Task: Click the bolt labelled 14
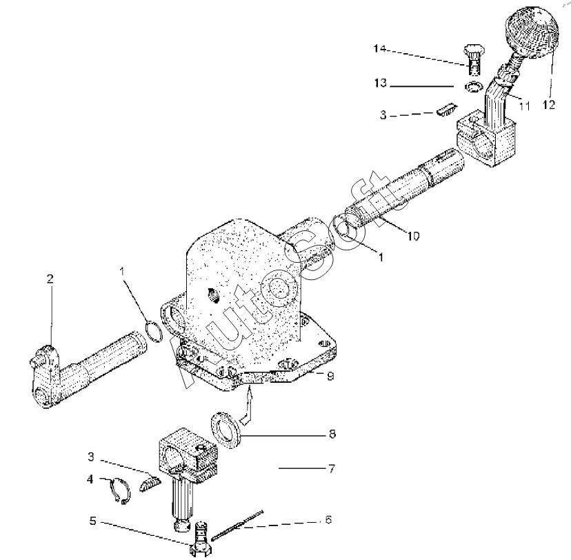pyautogui.click(x=474, y=59)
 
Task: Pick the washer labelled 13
pyautogui.click(x=473, y=87)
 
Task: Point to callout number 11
pyautogui.click(x=524, y=106)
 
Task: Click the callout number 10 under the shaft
pyautogui.click(x=412, y=235)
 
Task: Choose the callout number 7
pyautogui.click(x=331, y=468)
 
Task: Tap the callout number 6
pyautogui.click(x=328, y=519)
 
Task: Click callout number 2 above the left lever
pyautogui.click(x=50, y=279)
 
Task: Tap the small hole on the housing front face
pyautogui.click(x=212, y=296)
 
